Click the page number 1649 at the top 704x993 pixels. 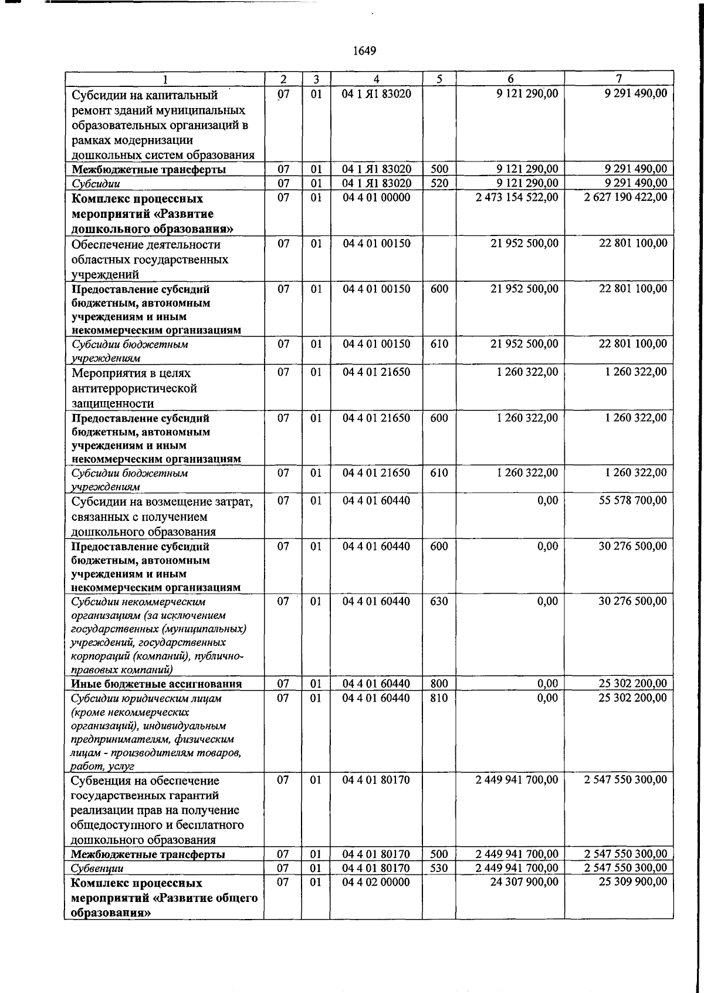point(364,51)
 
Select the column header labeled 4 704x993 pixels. point(376,79)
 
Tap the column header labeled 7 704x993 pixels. point(618,79)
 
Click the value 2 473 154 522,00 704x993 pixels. point(517,197)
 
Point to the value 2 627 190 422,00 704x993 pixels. point(625,197)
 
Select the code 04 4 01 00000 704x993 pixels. point(376,197)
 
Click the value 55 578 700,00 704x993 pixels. point(632,500)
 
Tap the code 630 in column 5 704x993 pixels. point(439,601)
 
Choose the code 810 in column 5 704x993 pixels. point(439,698)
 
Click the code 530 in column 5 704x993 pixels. point(439,868)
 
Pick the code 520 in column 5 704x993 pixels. point(439,183)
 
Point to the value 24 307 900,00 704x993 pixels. point(524,882)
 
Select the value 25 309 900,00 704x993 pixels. point(632,882)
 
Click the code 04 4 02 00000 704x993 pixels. point(376,882)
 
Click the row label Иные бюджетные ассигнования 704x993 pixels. point(156,684)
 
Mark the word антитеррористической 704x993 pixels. point(134,388)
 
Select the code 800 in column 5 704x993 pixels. point(439,684)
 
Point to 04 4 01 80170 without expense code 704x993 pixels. point(376,780)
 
